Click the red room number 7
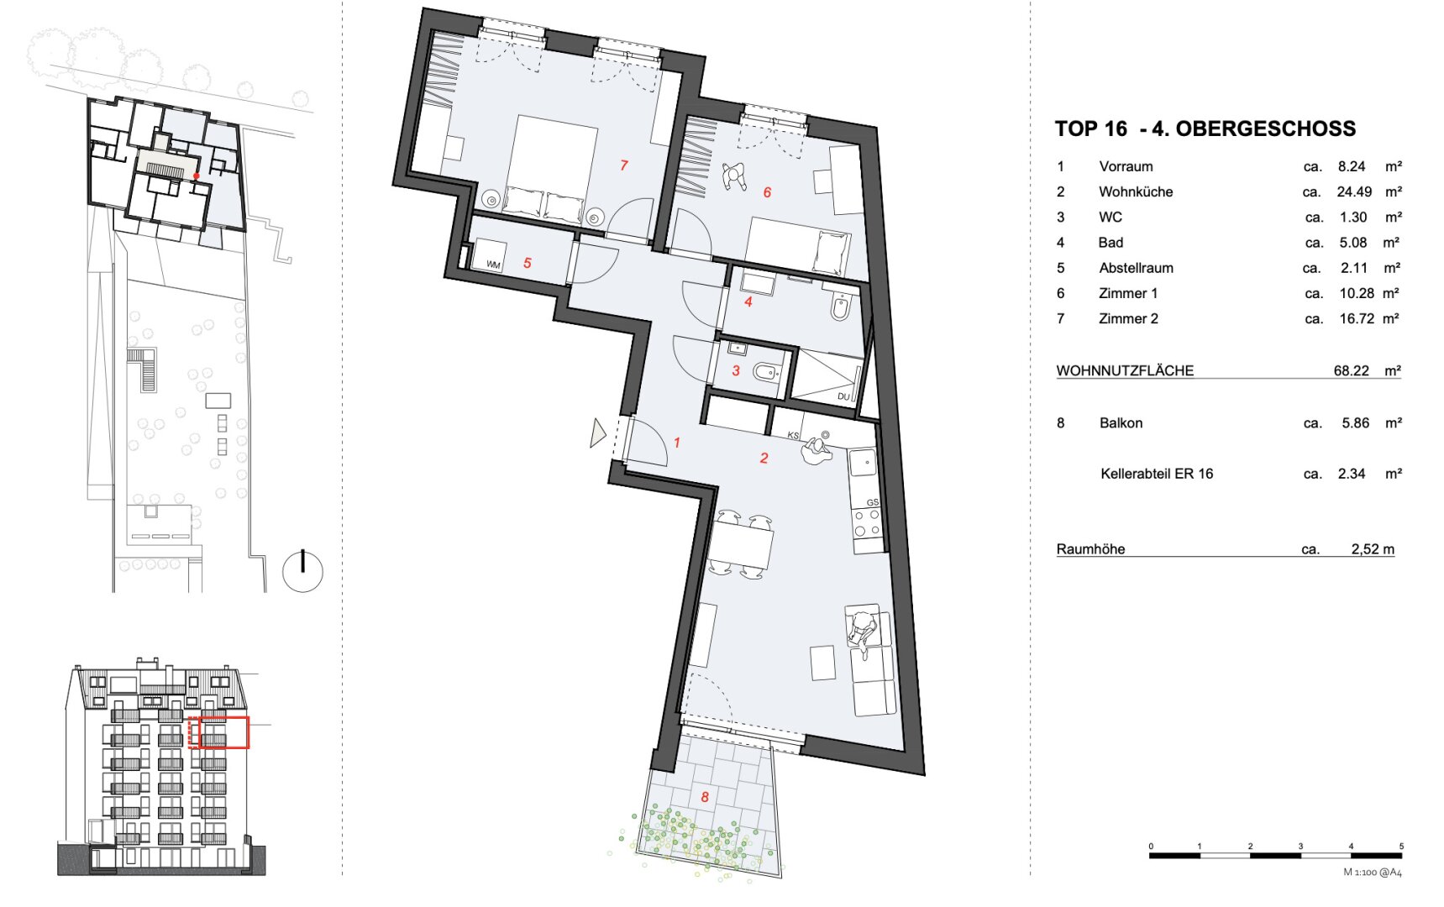[623, 165]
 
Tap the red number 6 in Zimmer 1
[767, 192]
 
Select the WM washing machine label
[493, 265]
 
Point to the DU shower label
[843, 396]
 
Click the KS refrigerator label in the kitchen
[793, 436]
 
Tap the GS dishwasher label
[872, 502]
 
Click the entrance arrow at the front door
[598, 433]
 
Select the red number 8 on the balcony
[705, 797]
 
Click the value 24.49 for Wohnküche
[1354, 191]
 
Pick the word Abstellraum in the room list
[1136, 268]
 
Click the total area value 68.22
[1351, 370]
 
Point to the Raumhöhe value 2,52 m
[1373, 549]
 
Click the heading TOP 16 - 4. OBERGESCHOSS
[1205, 128]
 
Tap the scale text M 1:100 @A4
[1373, 872]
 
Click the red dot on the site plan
[197, 176]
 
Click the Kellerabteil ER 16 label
[1157, 474]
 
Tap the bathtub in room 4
[841, 307]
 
